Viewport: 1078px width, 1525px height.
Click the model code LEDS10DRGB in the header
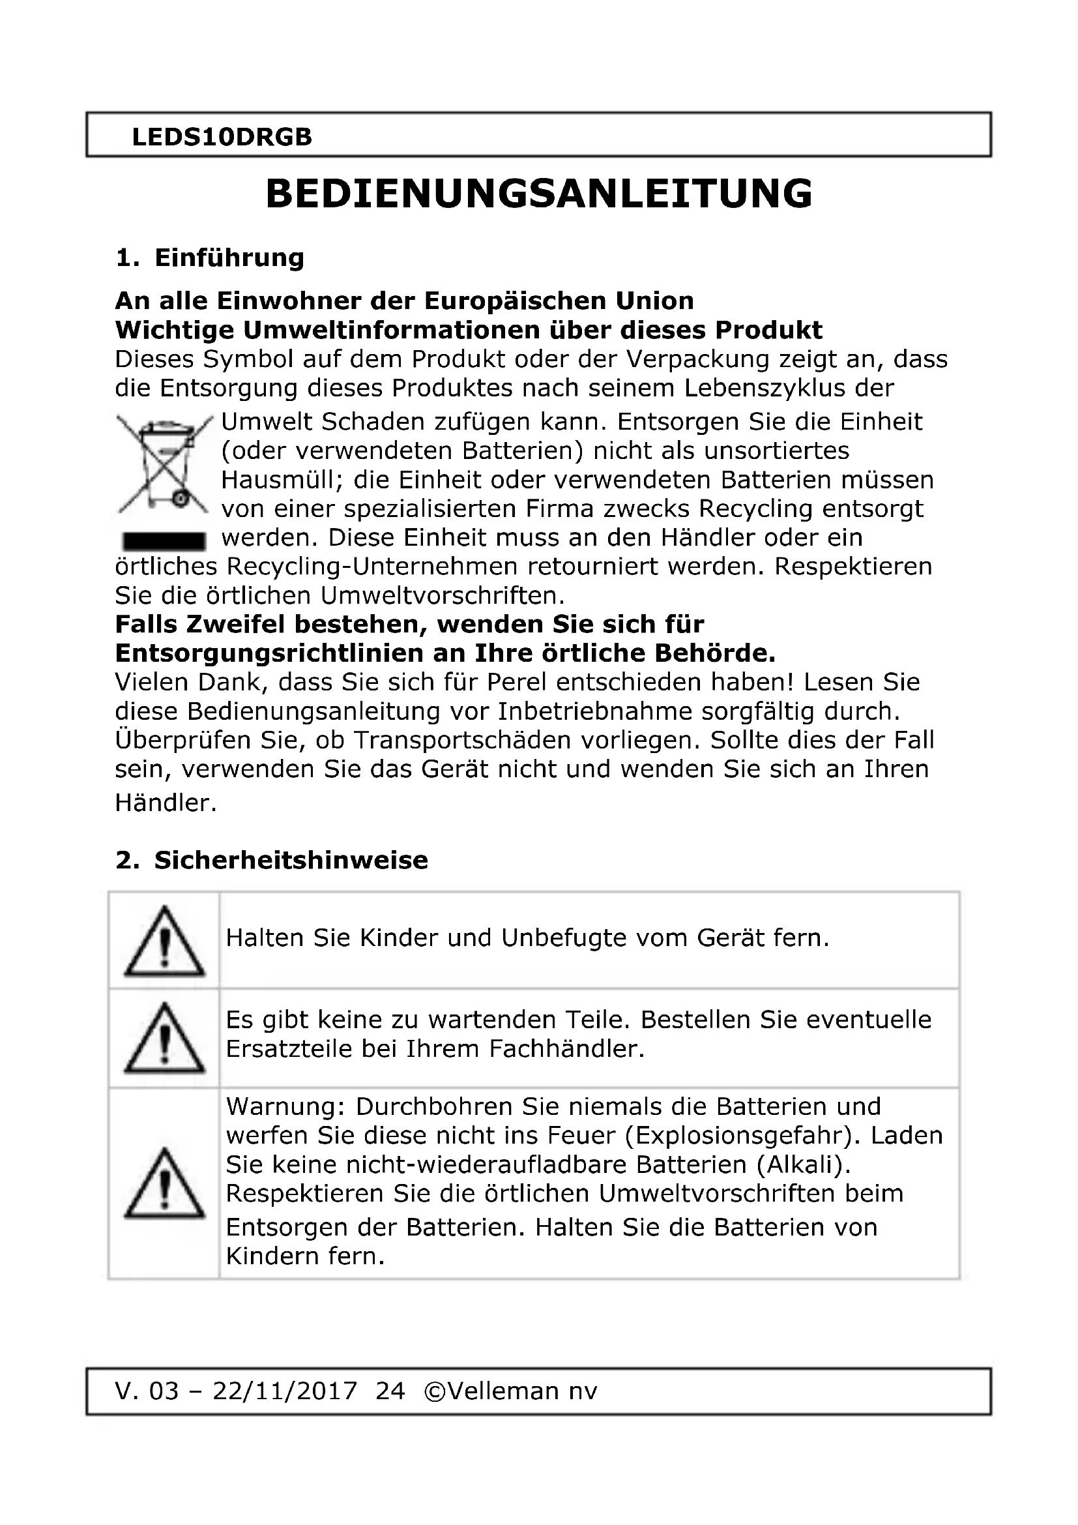(222, 137)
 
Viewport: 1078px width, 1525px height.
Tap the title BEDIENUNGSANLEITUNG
(539, 194)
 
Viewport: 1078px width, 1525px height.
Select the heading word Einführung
(229, 258)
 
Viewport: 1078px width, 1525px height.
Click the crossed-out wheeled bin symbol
(164, 465)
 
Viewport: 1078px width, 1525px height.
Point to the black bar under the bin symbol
(164, 541)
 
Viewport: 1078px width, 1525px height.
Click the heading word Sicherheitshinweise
(291, 860)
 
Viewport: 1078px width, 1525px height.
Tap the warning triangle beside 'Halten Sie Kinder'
(165, 941)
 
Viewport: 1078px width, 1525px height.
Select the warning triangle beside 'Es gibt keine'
(165, 1038)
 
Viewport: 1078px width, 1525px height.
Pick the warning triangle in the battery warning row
(165, 1183)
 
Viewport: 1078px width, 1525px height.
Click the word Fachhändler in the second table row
(566, 1049)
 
